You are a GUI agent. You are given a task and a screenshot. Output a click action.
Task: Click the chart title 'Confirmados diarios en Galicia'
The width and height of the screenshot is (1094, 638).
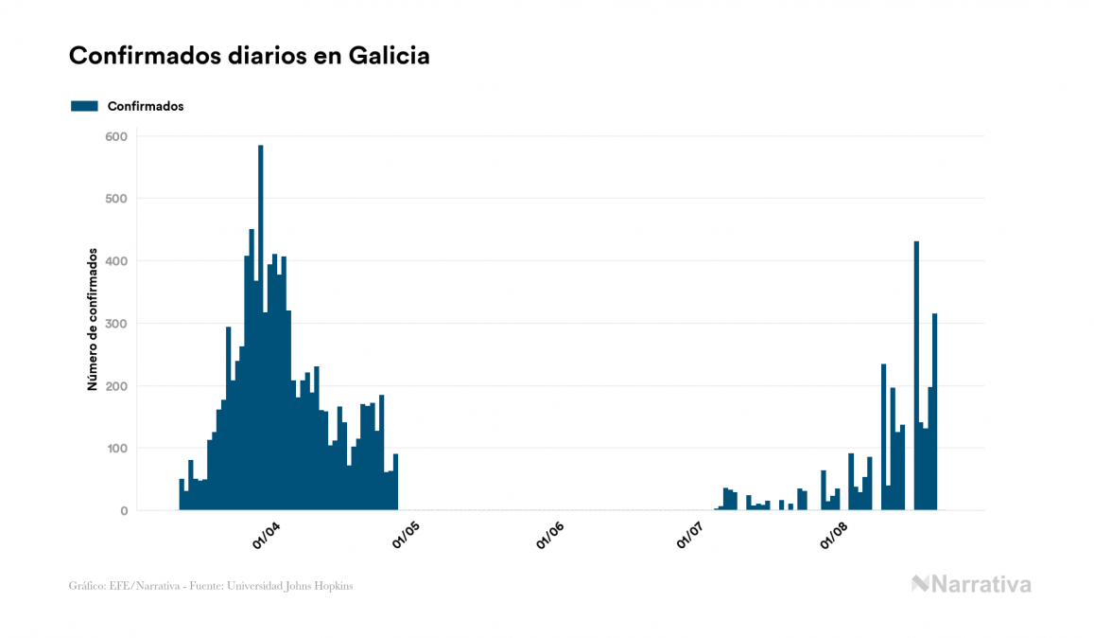point(250,56)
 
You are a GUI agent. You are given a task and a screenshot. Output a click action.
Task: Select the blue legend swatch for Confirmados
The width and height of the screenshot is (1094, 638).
point(84,106)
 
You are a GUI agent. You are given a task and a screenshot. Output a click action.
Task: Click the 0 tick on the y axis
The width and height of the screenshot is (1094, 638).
point(124,511)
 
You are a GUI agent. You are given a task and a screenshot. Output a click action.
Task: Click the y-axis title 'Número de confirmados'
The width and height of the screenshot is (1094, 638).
point(93,320)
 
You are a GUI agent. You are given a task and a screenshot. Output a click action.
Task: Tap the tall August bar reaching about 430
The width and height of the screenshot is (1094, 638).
point(916,379)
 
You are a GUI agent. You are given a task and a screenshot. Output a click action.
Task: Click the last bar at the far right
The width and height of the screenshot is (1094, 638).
point(935,412)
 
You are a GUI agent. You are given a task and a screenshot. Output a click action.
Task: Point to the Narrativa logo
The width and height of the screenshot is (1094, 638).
point(971,584)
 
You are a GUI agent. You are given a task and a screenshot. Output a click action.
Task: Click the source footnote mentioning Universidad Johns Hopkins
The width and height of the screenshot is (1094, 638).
point(211,586)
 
